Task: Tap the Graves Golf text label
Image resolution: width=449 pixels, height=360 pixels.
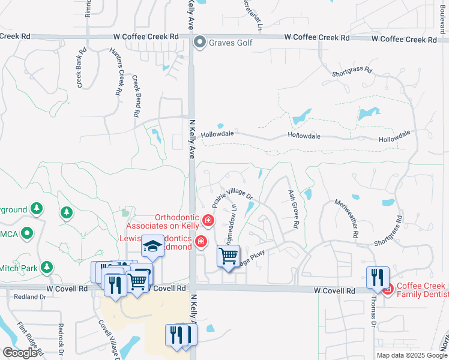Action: (231, 43)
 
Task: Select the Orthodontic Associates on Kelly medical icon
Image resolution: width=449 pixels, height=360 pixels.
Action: (208, 221)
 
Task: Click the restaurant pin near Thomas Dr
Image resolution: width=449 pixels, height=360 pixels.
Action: (378, 277)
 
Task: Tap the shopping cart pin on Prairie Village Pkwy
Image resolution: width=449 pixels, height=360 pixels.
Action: (228, 257)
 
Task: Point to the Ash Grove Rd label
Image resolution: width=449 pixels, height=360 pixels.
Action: (294, 209)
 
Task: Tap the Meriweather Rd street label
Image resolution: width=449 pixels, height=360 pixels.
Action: (349, 217)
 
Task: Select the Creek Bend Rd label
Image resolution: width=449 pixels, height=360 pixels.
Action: (136, 95)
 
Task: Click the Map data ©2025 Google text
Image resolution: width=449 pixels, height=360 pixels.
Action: (411, 355)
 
